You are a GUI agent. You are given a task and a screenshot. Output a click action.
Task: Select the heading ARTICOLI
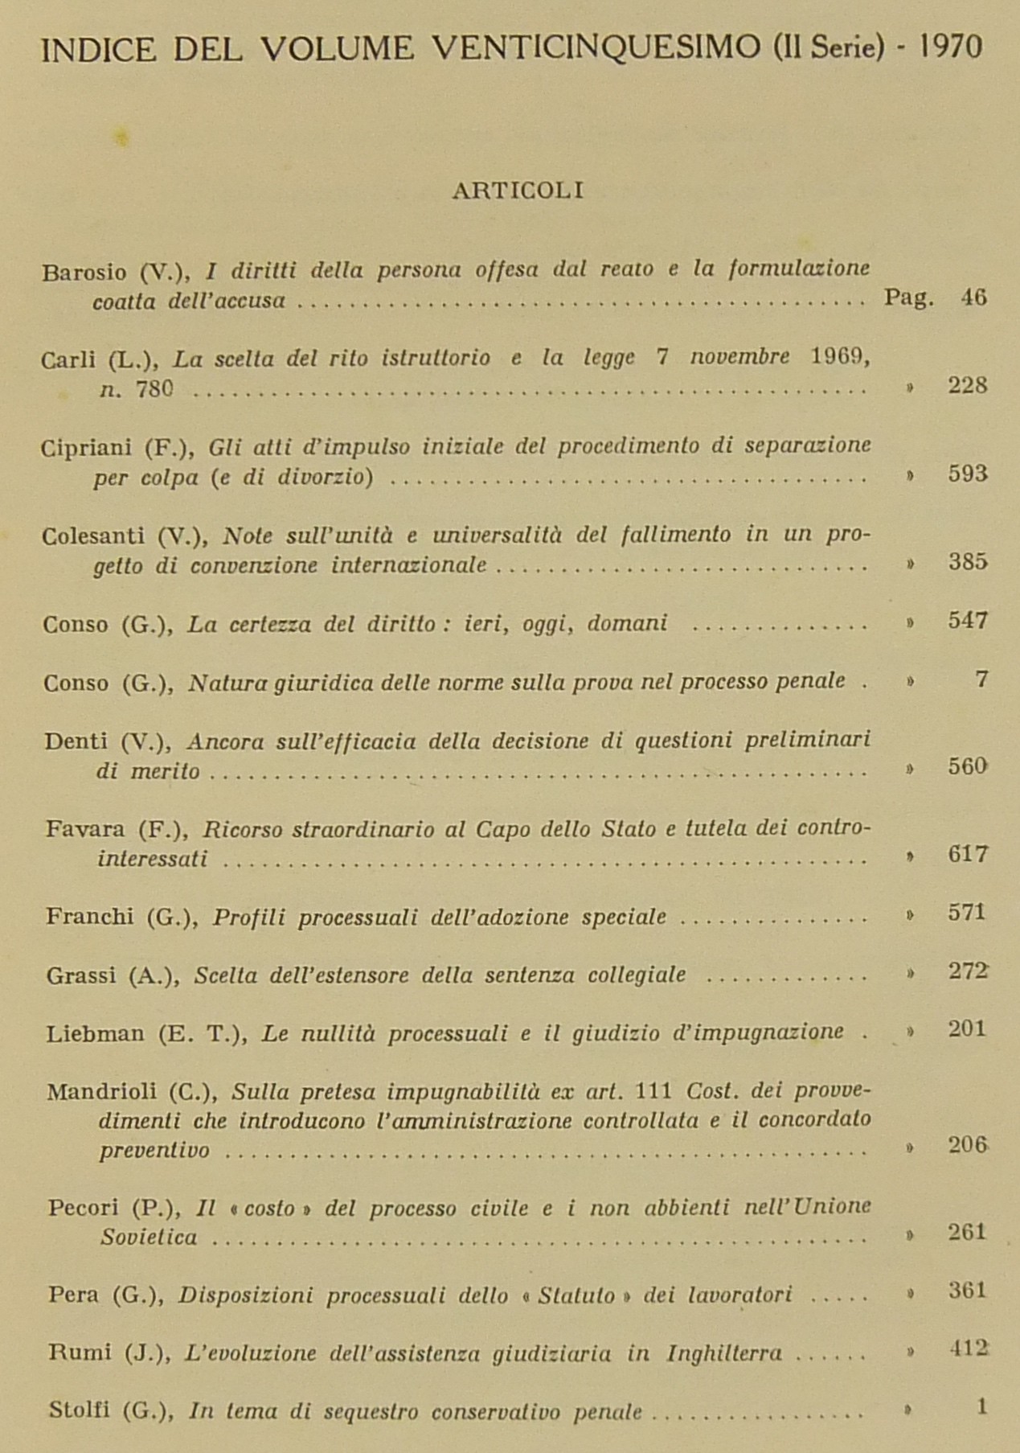click(518, 191)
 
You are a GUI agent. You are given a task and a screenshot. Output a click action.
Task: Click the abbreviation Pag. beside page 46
click(909, 298)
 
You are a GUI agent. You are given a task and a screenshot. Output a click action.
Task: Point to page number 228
click(967, 386)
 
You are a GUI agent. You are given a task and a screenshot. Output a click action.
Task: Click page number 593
click(967, 474)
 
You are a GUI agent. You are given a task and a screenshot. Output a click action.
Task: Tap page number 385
click(967, 562)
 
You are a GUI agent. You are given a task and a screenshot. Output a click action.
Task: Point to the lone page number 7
click(981, 680)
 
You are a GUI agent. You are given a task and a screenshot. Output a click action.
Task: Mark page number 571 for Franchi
click(967, 913)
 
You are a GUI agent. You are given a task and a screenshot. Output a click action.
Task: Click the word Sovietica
click(149, 1238)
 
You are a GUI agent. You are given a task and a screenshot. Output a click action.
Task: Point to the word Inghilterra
click(724, 1354)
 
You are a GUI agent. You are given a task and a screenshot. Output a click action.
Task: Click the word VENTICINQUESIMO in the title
click(596, 49)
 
